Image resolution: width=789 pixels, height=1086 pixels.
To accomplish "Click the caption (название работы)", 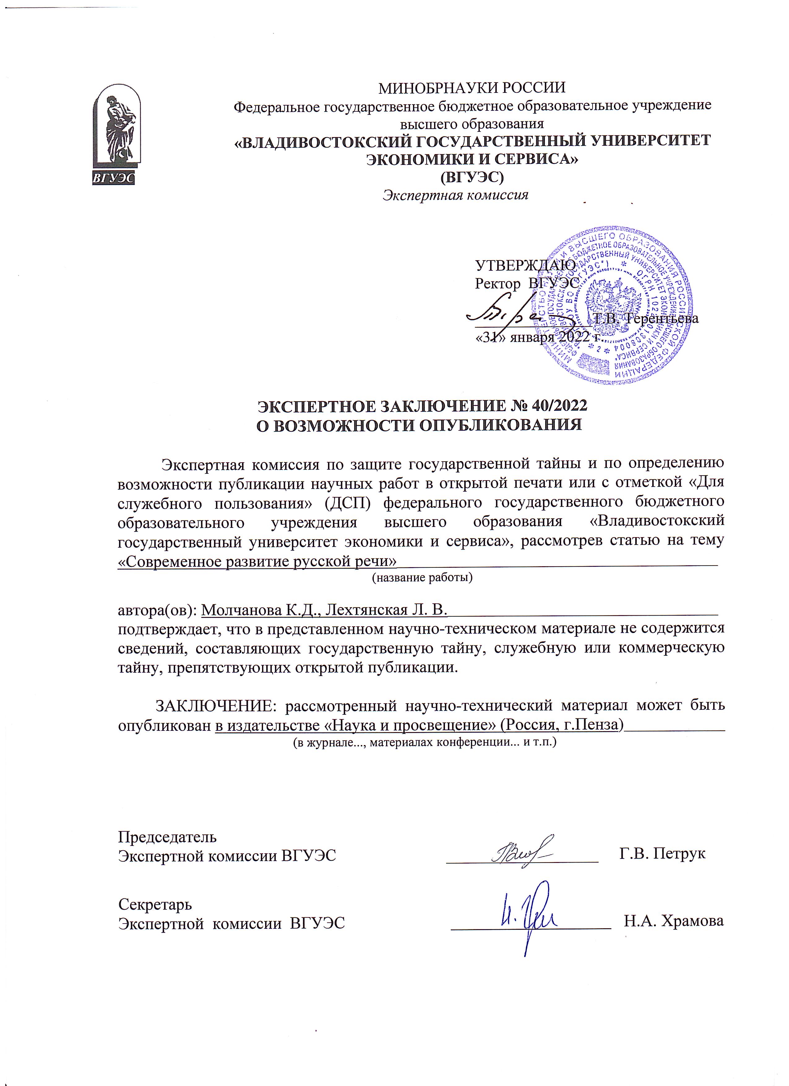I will [x=422, y=577].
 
